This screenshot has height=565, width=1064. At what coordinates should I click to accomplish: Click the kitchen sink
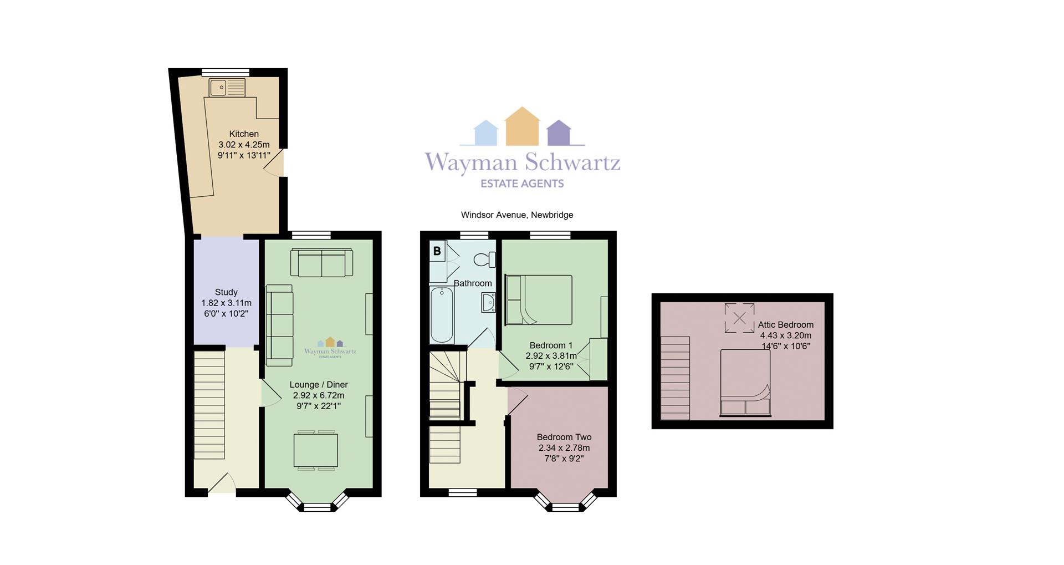(227, 88)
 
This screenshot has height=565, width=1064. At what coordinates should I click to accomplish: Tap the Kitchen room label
(244, 134)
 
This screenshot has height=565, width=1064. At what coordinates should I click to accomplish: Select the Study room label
(226, 292)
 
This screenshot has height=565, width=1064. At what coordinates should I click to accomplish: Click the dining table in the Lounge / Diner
(315, 450)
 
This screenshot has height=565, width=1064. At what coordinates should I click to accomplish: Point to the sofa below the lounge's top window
(321, 263)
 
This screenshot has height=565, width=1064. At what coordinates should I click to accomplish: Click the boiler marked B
(437, 251)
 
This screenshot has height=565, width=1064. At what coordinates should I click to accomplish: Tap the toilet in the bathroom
(485, 259)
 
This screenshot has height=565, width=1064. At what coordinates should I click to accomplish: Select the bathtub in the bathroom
(442, 315)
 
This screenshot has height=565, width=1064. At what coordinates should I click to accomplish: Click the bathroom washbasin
(489, 303)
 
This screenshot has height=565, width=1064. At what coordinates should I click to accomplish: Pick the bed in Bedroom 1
(538, 300)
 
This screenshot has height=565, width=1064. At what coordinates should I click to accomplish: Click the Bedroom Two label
(564, 437)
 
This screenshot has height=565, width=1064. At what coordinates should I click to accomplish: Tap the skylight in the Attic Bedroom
(739, 318)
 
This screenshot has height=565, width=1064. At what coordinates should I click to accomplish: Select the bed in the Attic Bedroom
(745, 383)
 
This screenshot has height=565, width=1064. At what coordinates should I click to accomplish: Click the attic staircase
(675, 378)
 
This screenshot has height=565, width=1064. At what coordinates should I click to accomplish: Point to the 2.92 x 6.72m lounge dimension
(319, 395)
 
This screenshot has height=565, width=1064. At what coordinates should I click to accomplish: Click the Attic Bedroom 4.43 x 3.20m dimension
(786, 335)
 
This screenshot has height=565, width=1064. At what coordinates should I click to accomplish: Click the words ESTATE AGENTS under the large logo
(522, 184)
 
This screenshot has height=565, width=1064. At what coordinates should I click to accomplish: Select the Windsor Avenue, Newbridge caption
(517, 215)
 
